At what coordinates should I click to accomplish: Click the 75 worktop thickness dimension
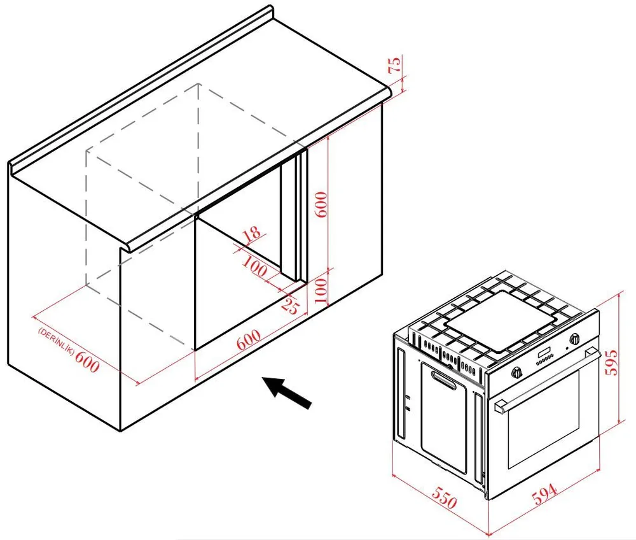[395, 64]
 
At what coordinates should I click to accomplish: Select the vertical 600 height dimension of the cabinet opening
[321, 204]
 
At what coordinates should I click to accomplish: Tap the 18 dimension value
[251, 235]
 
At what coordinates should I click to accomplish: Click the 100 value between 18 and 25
[255, 267]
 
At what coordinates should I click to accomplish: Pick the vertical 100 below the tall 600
[321, 291]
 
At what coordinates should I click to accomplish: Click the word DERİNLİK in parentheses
[57, 341]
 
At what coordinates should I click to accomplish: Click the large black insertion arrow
[287, 392]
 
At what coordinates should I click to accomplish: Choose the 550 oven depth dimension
[444, 497]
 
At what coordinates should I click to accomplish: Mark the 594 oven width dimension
[544, 494]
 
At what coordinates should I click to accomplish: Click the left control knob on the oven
[516, 373]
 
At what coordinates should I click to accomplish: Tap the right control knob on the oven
[574, 339]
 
